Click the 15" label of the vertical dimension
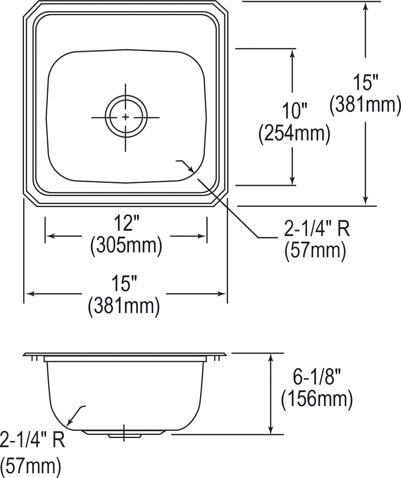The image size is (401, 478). point(366,82)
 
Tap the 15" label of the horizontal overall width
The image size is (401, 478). point(124,283)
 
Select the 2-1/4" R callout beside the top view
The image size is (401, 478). point(317,229)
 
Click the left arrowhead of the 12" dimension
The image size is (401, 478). point(49,236)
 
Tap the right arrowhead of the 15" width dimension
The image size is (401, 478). point(222,294)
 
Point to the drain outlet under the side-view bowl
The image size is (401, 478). point(125,434)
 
